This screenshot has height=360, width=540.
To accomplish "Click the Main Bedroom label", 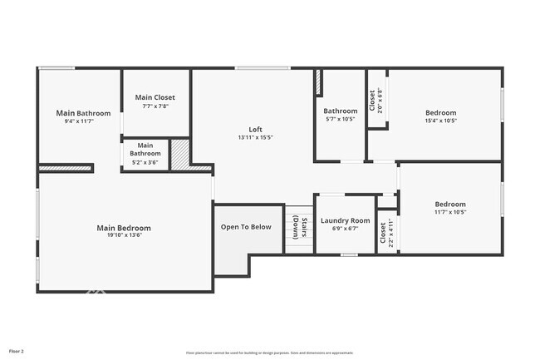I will (x=124, y=228).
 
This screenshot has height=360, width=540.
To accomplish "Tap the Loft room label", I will (x=255, y=129).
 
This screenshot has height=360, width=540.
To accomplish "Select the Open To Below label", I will (x=245, y=227).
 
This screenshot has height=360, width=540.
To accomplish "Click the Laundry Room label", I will (x=345, y=220).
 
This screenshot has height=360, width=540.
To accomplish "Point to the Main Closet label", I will (x=155, y=97).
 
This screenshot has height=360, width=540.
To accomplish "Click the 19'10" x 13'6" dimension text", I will (x=124, y=235).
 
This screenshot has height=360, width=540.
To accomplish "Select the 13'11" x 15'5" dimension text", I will (x=255, y=137).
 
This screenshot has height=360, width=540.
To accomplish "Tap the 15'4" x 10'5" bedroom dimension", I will (x=440, y=121).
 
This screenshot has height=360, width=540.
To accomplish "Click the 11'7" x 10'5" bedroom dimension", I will (x=450, y=212).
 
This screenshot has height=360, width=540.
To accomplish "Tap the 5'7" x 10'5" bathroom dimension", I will (x=340, y=119).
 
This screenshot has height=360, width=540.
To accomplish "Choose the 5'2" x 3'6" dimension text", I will (x=145, y=161).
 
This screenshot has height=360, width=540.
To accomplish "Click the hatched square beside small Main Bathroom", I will (x=180, y=155).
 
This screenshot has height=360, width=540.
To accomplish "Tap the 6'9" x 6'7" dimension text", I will (x=345, y=229).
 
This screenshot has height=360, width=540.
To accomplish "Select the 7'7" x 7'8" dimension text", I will (x=155, y=106).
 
